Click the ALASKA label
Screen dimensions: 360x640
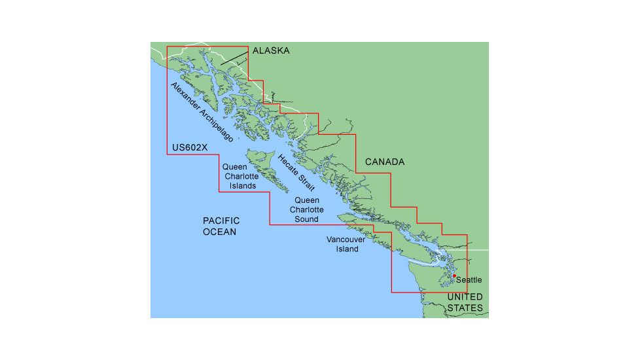click(270, 50)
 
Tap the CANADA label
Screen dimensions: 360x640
click(384, 162)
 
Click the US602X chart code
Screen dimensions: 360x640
click(188, 147)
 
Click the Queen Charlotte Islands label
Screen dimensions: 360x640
click(239, 177)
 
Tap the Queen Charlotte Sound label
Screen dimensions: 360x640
click(306, 209)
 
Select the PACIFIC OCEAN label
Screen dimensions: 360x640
click(221, 226)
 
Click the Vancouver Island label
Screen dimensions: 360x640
click(347, 244)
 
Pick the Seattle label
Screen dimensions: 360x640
click(469, 279)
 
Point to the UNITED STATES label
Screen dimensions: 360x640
click(465, 302)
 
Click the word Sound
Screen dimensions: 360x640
click(306, 219)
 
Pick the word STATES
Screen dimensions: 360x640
click(465, 308)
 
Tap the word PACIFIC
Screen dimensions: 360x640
click(221, 221)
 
